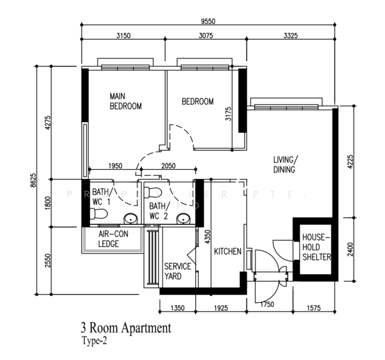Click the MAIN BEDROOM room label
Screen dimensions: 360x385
pyautogui.click(x=125, y=101)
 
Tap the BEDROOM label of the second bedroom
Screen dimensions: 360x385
pyautogui.click(x=198, y=101)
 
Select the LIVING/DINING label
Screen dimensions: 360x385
pyautogui.click(x=284, y=164)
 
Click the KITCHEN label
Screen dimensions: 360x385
pyautogui.click(x=228, y=251)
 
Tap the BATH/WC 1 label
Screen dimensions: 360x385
pyautogui.click(x=100, y=196)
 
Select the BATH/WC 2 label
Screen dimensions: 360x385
pyautogui.click(x=159, y=211)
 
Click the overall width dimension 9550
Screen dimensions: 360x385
pyautogui.click(x=208, y=21)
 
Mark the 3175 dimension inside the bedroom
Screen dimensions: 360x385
pyautogui.click(x=228, y=114)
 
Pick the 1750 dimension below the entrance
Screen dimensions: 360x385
pyautogui.click(x=267, y=305)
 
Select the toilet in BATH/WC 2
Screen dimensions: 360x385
pyautogui.click(x=155, y=191)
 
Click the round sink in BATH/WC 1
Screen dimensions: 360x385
pyautogui.click(x=129, y=218)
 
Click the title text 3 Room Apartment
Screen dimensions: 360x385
pyautogui.click(x=126, y=328)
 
